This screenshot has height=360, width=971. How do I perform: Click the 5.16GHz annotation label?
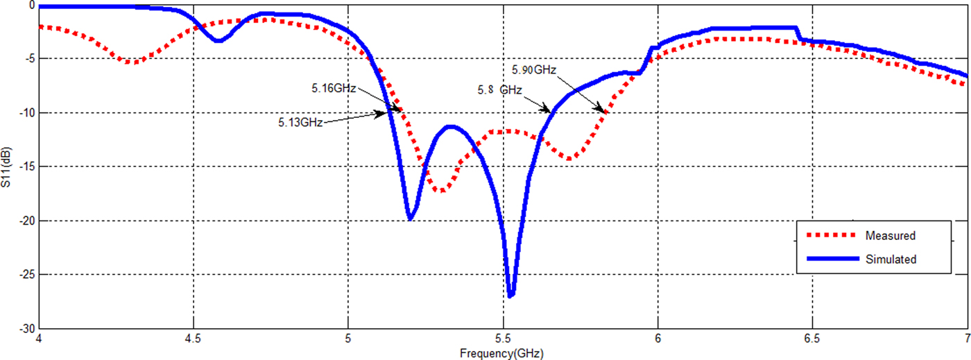(334, 88)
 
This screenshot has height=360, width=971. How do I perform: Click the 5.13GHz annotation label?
(300, 123)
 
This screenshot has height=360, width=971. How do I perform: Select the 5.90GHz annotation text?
(534, 70)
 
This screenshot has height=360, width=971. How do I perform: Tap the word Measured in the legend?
(890, 236)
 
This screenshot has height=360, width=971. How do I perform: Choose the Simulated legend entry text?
(891, 259)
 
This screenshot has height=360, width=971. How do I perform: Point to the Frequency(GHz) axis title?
(501, 354)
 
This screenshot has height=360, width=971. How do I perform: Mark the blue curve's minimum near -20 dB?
(411, 218)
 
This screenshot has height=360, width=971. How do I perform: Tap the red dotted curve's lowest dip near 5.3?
(441, 190)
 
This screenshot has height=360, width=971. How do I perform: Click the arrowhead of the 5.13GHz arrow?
(385, 113)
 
